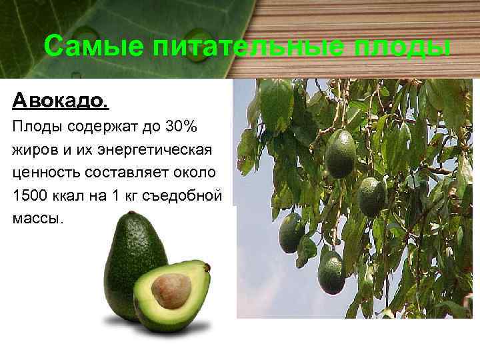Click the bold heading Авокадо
pyautogui.click(x=59, y=101)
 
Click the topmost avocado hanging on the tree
pyautogui.click(x=341, y=153)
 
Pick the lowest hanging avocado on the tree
pyautogui.click(x=331, y=272)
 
